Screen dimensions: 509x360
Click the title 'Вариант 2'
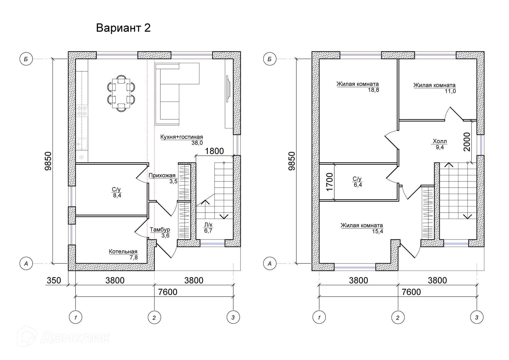coord(123,28)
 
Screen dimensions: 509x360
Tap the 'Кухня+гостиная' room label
coord(182,137)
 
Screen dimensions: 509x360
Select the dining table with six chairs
coord(121,93)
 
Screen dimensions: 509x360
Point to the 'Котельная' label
coord(123,251)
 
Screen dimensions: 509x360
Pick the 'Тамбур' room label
coord(160,229)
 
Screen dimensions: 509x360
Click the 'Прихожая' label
coord(162,175)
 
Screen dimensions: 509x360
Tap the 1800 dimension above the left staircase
coord(214,151)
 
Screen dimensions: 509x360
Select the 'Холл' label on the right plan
coord(440,141)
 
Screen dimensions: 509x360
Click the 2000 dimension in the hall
coord(467,142)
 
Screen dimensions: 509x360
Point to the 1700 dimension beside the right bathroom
coord(330,182)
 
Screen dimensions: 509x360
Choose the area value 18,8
coord(373,90)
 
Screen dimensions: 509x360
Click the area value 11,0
coord(450,91)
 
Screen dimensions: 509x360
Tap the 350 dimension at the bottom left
coord(54,280)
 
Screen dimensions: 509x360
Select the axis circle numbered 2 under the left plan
coord(154,317)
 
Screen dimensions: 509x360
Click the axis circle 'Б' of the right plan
coord(270,59)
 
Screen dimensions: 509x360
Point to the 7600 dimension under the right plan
coord(411,292)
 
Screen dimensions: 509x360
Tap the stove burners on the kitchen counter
coord(82,111)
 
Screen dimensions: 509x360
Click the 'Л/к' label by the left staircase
coord(208,225)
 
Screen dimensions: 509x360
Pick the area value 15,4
coord(377,231)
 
